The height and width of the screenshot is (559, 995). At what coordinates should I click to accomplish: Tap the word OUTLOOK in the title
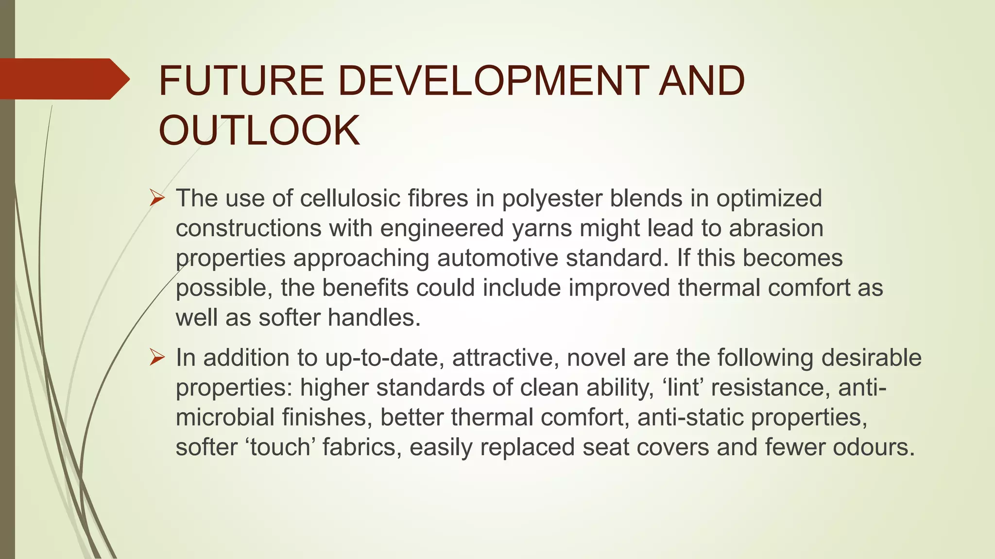[x=259, y=131]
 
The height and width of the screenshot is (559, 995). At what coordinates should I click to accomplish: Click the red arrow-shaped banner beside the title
[x=63, y=79]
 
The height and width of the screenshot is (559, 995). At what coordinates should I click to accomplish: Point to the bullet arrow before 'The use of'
[x=157, y=198]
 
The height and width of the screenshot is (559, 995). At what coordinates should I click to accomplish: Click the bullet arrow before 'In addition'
[x=157, y=358]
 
